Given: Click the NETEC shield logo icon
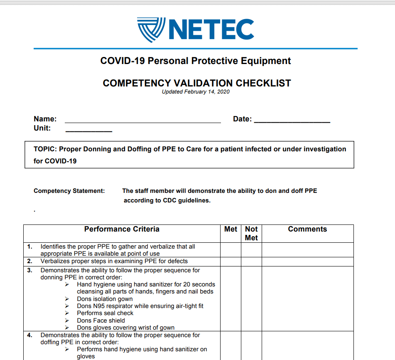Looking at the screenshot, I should click(x=151, y=30).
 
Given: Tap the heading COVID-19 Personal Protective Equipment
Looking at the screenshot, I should click(x=196, y=61).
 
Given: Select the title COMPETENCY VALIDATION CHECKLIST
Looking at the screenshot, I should click(x=197, y=83).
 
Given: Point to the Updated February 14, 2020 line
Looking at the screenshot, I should click(x=196, y=92).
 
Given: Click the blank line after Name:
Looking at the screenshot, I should click(x=143, y=121).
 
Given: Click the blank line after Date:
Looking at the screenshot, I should click(x=292, y=121).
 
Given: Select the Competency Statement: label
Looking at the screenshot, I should click(x=69, y=191).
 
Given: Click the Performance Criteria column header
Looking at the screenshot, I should click(x=122, y=229).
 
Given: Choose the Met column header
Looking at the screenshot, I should click(x=231, y=229).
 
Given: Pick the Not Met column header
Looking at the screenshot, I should click(x=251, y=234).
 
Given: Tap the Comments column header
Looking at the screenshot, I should click(x=307, y=229).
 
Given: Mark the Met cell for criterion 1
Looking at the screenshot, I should click(x=231, y=250).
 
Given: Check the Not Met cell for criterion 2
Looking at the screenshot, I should click(x=251, y=261).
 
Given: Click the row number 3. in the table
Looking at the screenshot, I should click(x=30, y=270).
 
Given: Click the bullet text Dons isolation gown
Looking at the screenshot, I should click(x=105, y=299).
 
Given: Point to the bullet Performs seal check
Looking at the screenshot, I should click(x=105, y=313).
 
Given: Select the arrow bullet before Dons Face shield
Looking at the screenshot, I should click(x=67, y=321).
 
